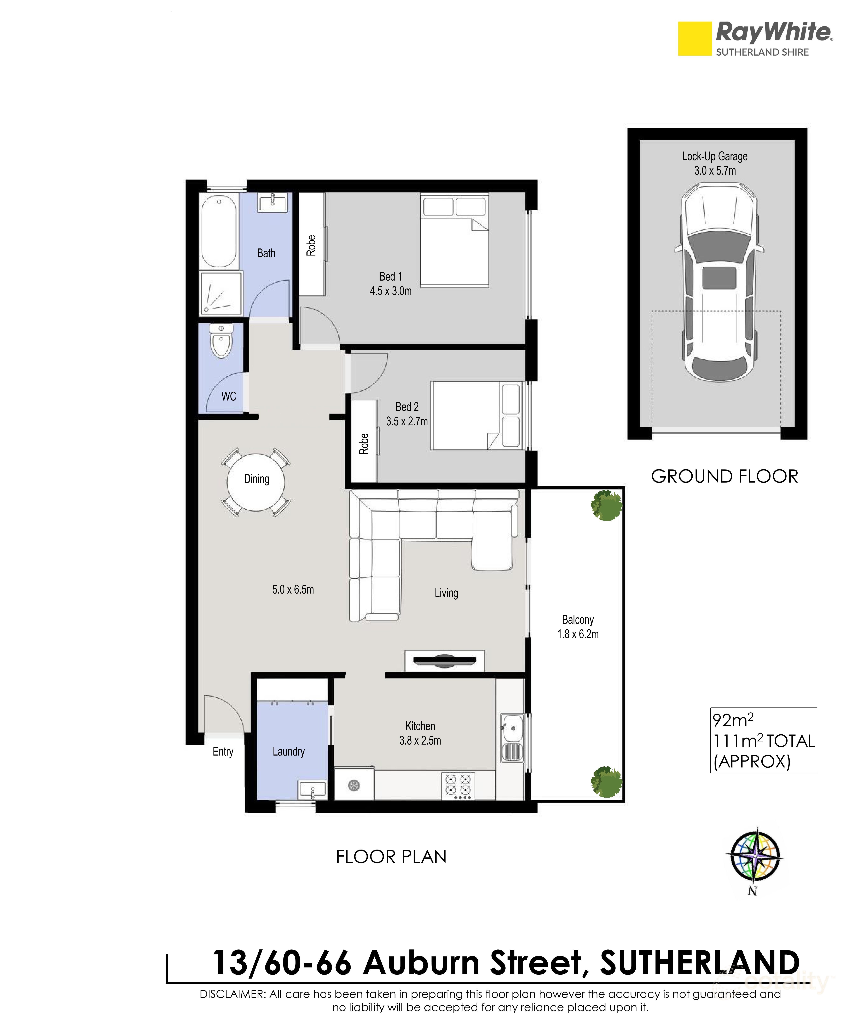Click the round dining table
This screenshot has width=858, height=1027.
tap(256, 479)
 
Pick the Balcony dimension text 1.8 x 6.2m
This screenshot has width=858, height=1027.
tap(578, 634)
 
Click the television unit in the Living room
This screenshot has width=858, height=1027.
tap(444, 661)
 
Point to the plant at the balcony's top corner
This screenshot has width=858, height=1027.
tap(607, 505)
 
